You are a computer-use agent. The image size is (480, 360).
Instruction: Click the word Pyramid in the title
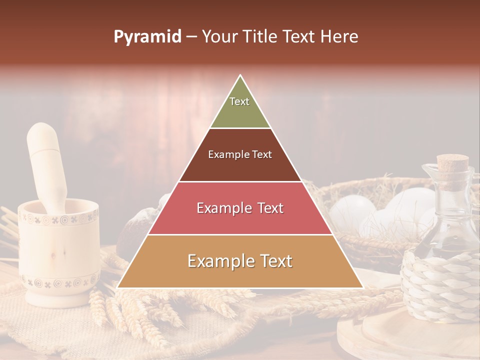point(147,37)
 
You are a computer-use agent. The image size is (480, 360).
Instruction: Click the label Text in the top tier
point(239,101)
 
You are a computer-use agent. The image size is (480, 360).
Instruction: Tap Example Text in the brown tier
point(240,154)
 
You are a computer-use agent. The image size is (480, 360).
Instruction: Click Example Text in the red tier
point(240,208)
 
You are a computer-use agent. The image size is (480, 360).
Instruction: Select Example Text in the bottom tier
point(240,261)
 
